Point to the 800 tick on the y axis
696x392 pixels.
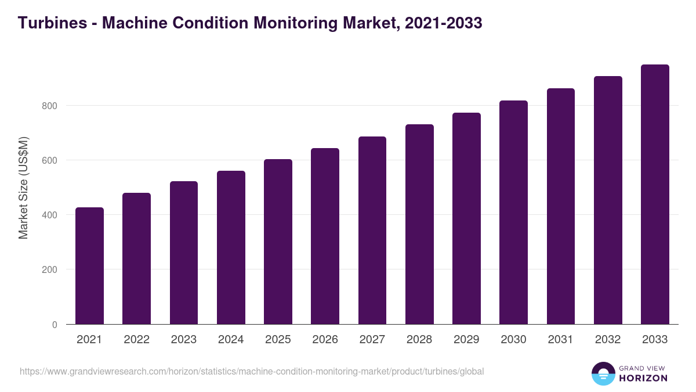tap(49, 106)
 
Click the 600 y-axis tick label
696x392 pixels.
tap(49, 160)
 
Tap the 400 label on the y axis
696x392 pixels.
tap(49, 215)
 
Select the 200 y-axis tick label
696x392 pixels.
tap(49, 270)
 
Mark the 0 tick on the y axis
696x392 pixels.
tap(55, 325)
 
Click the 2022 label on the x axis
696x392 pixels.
tap(136, 340)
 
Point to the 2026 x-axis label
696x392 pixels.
tap(325, 340)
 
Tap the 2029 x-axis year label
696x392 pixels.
tap(466, 340)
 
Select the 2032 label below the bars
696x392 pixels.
tap(608, 340)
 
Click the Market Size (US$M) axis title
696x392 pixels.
tap(23, 188)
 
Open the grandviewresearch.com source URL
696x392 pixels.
tap(252, 371)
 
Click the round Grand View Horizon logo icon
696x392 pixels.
tap(603, 374)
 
